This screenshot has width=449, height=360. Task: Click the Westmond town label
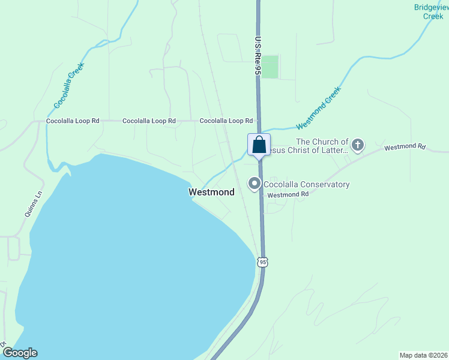pos(211,193)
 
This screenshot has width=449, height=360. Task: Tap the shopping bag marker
pos(259,145)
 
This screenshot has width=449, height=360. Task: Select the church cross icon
pos(358,145)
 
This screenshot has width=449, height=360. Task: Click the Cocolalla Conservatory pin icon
pos(255,184)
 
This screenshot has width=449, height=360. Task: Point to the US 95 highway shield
pos(262,262)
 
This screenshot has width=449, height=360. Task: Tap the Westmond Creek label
pos(318,108)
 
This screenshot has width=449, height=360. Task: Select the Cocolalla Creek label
pos(68,85)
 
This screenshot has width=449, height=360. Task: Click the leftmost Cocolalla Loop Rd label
pos(73,121)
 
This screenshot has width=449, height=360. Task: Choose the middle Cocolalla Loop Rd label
pos(149,121)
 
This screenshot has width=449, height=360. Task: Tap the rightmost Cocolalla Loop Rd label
pos(226,121)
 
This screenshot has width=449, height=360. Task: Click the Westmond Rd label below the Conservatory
pos(288,194)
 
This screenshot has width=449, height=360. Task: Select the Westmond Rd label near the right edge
pos(405,147)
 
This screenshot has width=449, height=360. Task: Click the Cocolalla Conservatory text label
pos(309,185)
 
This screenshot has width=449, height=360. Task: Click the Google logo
pos(20,353)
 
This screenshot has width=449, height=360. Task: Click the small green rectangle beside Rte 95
pos(270,67)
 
